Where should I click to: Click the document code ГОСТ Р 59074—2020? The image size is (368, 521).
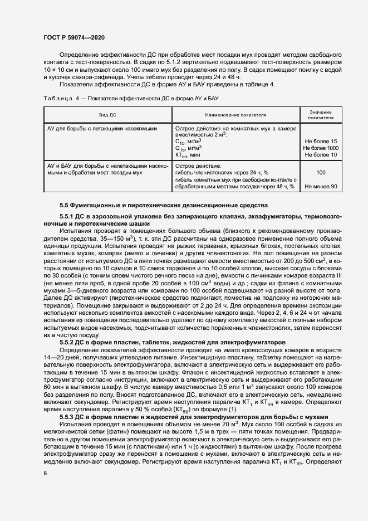(x=74, y=37)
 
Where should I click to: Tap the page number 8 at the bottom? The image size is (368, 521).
(x=45, y=474)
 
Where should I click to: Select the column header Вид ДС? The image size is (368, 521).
(x=107, y=115)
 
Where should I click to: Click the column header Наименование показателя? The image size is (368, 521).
(x=235, y=115)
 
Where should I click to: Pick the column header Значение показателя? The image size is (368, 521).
(x=321, y=115)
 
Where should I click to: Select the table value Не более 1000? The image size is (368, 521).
(x=321, y=148)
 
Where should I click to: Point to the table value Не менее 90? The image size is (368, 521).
(x=321, y=187)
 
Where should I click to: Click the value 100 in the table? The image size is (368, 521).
(x=321, y=173)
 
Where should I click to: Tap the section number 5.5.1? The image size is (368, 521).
(x=67, y=216)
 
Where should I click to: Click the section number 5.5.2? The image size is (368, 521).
(x=67, y=341)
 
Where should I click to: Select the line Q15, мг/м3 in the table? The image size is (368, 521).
(x=189, y=148)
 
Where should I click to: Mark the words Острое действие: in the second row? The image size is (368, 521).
(x=198, y=166)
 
